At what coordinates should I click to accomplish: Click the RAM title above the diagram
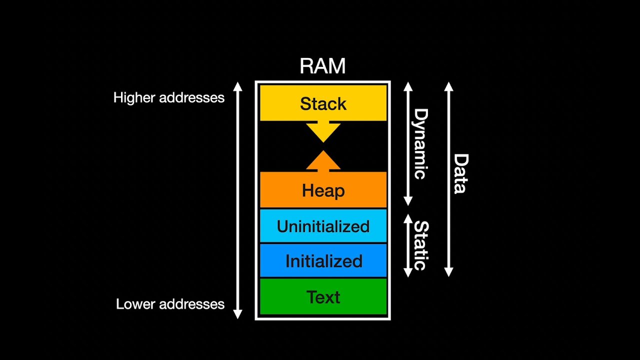coord(322,66)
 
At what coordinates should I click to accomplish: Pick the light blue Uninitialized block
coord(323,226)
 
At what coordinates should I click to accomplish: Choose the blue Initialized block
coord(323,261)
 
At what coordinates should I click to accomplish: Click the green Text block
coord(323,297)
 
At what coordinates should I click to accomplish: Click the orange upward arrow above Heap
coord(323,161)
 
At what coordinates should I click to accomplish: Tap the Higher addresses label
coord(169,97)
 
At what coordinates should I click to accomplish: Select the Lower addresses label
coord(170,304)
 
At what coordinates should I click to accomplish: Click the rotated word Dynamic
coord(420,144)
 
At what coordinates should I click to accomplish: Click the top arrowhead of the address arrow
coord(238,86)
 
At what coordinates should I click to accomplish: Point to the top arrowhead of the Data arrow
coord(448,86)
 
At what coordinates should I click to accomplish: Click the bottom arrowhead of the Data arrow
coord(448,272)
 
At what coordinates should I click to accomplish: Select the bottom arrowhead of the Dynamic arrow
coord(408,201)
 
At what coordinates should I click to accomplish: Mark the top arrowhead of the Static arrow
coord(408,219)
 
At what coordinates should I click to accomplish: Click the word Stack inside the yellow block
coord(323,104)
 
